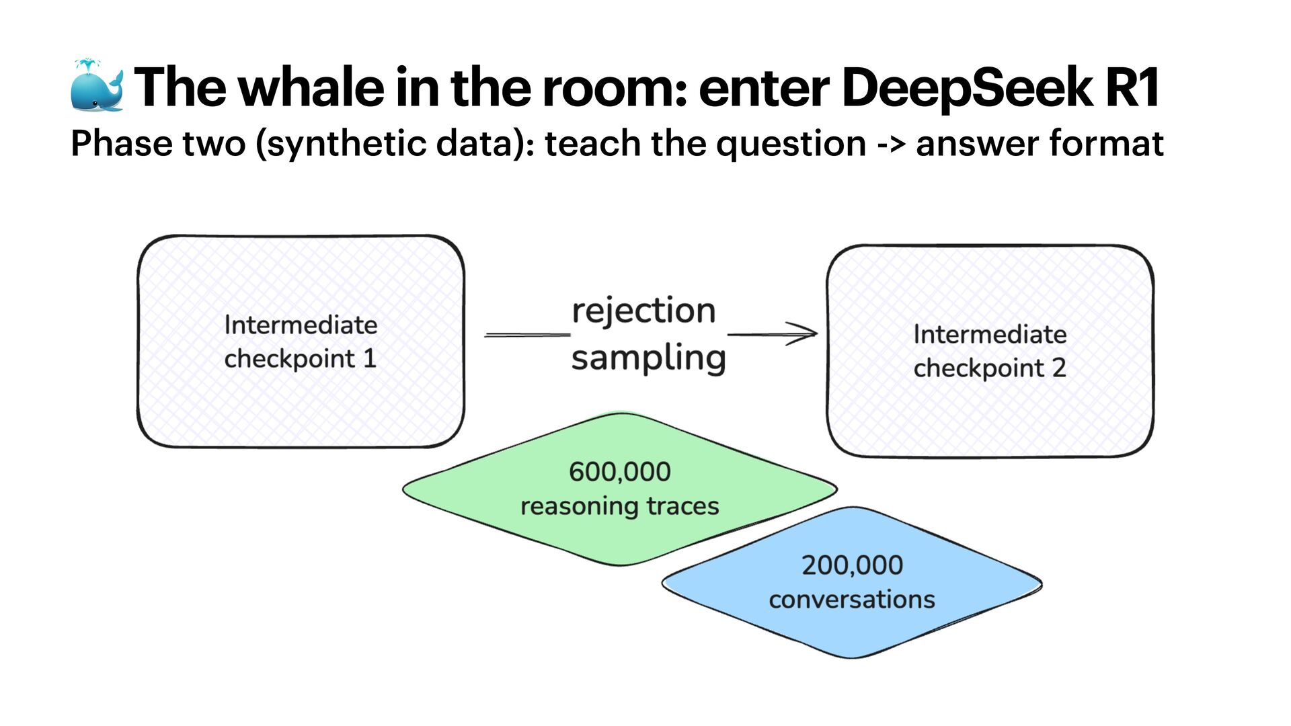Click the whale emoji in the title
(97, 86)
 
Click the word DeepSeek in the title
(967, 87)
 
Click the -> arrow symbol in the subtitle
(890, 144)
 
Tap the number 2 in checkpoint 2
(1059, 368)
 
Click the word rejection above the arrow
(643, 311)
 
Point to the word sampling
(648, 358)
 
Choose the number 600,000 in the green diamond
(619, 472)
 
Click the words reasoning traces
(619, 506)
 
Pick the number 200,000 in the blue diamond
(852, 565)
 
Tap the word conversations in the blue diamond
(852, 600)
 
